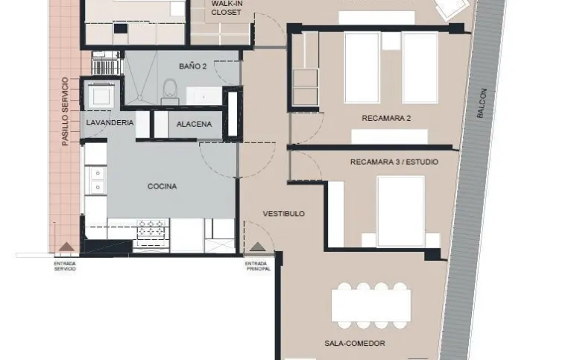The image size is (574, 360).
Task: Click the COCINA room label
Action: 163,186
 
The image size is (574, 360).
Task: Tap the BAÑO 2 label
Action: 192,66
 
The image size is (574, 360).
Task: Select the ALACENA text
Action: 194,124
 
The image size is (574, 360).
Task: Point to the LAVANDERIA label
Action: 110,122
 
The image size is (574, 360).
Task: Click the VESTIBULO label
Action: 284,214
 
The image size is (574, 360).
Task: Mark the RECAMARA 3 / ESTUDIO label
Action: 394,162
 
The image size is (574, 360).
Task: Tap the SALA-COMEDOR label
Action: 355,343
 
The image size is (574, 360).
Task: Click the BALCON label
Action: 482,103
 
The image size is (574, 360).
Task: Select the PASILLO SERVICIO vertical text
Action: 65,111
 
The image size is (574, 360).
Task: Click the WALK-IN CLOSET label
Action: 227,8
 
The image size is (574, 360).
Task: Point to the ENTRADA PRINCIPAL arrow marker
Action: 258,247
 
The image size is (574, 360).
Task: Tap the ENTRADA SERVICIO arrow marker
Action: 66,247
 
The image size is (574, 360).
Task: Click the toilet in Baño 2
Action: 170,92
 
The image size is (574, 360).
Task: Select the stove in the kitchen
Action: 151,233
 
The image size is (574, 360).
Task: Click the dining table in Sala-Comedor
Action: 371,306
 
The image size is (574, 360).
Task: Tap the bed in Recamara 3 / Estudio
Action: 401,212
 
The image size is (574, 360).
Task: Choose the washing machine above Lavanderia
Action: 101,95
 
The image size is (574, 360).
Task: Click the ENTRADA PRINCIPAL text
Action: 258,266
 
